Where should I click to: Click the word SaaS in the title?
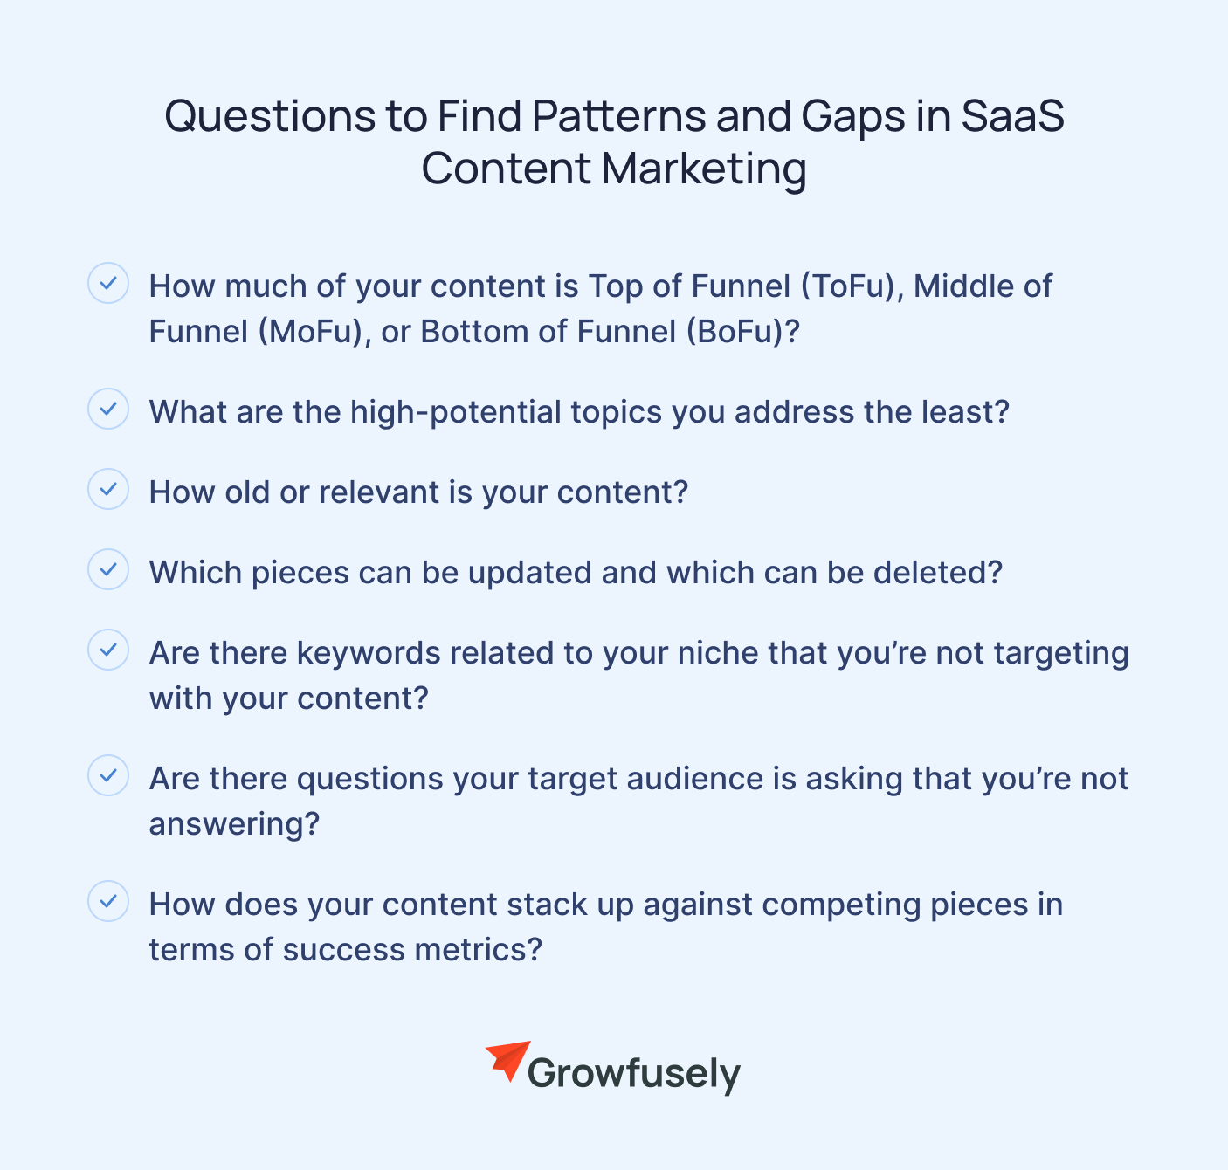pos(1012,116)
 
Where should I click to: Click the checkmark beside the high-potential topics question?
pos(108,409)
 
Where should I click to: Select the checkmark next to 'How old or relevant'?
pos(108,489)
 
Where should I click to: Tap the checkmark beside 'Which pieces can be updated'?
pos(108,569)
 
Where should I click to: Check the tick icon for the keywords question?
pos(108,650)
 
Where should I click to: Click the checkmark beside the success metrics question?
pos(108,901)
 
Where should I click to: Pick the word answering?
pos(234,824)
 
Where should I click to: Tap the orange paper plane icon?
pos(507,1060)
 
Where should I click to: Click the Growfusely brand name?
pos(633,1074)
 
